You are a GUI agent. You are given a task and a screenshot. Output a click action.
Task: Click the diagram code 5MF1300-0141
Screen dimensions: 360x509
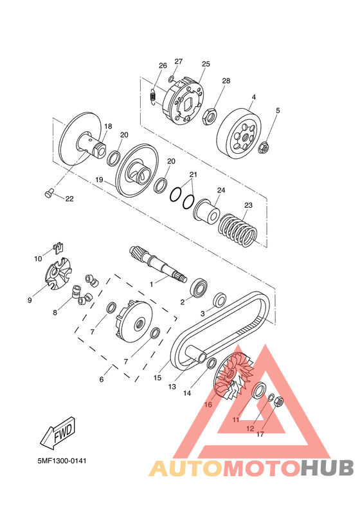click(x=62, y=461)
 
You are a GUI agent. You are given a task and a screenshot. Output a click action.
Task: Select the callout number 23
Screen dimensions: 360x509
click(x=248, y=205)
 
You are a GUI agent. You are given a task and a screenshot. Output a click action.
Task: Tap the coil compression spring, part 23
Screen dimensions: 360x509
click(x=237, y=229)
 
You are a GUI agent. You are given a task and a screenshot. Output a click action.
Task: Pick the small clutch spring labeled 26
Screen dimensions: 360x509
click(x=153, y=97)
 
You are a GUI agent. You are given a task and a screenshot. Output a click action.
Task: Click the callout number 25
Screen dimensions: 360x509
click(x=206, y=64)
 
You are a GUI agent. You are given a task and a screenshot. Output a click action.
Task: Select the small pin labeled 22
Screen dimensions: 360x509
click(x=48, y=194)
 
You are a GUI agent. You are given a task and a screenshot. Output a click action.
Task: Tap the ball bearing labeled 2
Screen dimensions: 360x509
click(x=199, y=287)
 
